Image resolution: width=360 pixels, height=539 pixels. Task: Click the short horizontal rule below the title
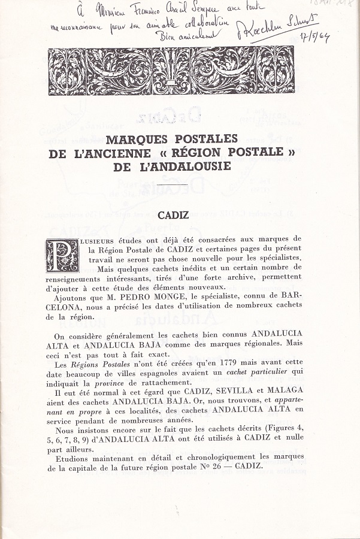click(171, 190)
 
